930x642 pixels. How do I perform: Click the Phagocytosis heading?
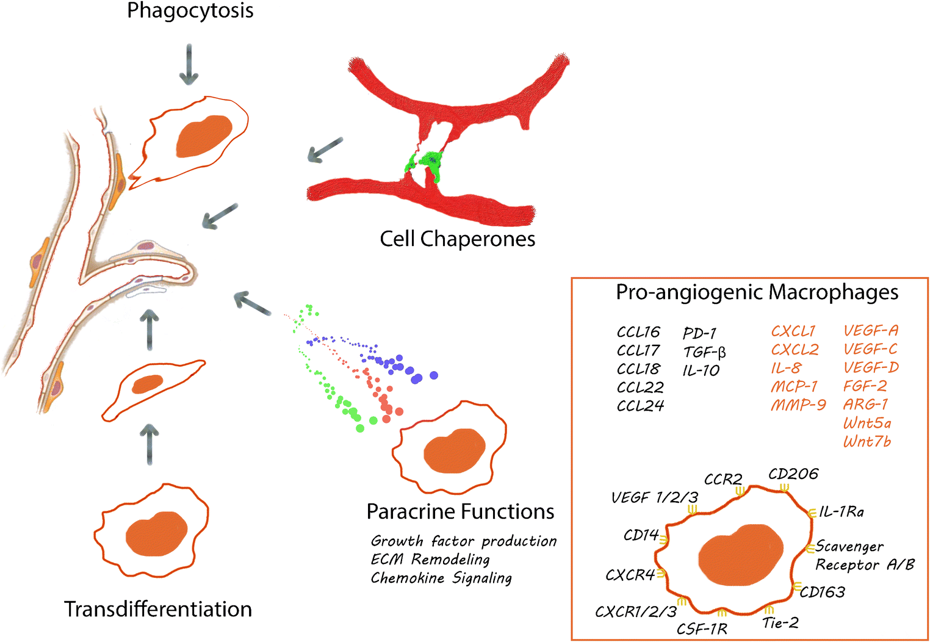[x=190, y=11]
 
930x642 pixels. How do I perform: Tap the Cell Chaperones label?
[x=457, y=239]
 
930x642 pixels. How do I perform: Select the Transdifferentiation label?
[x=158, y=609]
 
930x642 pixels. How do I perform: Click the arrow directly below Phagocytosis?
[x=189, y=65]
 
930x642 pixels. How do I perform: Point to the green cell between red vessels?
[x=427, y=164]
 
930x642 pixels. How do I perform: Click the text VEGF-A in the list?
[x=871, y=331]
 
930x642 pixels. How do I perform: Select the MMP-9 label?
[x=798, y=405]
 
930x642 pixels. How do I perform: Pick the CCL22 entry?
[x=640, y=388]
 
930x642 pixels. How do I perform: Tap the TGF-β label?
[x=704, y=352]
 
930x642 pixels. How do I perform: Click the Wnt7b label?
[x=867, y=441]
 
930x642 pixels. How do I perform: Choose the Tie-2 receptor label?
[x=780, y=623]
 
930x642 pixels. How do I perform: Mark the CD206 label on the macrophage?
[x=793, y=474]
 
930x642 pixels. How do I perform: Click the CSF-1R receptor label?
[x=702, y=629]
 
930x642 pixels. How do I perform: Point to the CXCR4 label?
[x=630, y=575]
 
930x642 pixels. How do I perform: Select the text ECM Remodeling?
[x=430, y=560]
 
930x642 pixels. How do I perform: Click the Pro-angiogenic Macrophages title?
[x=757, y=292]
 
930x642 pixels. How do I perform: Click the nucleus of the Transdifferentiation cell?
[x=157, y=534]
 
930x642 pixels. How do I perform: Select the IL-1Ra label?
[x=842, y=512]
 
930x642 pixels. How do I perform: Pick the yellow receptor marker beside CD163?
[x=797, y=586]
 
